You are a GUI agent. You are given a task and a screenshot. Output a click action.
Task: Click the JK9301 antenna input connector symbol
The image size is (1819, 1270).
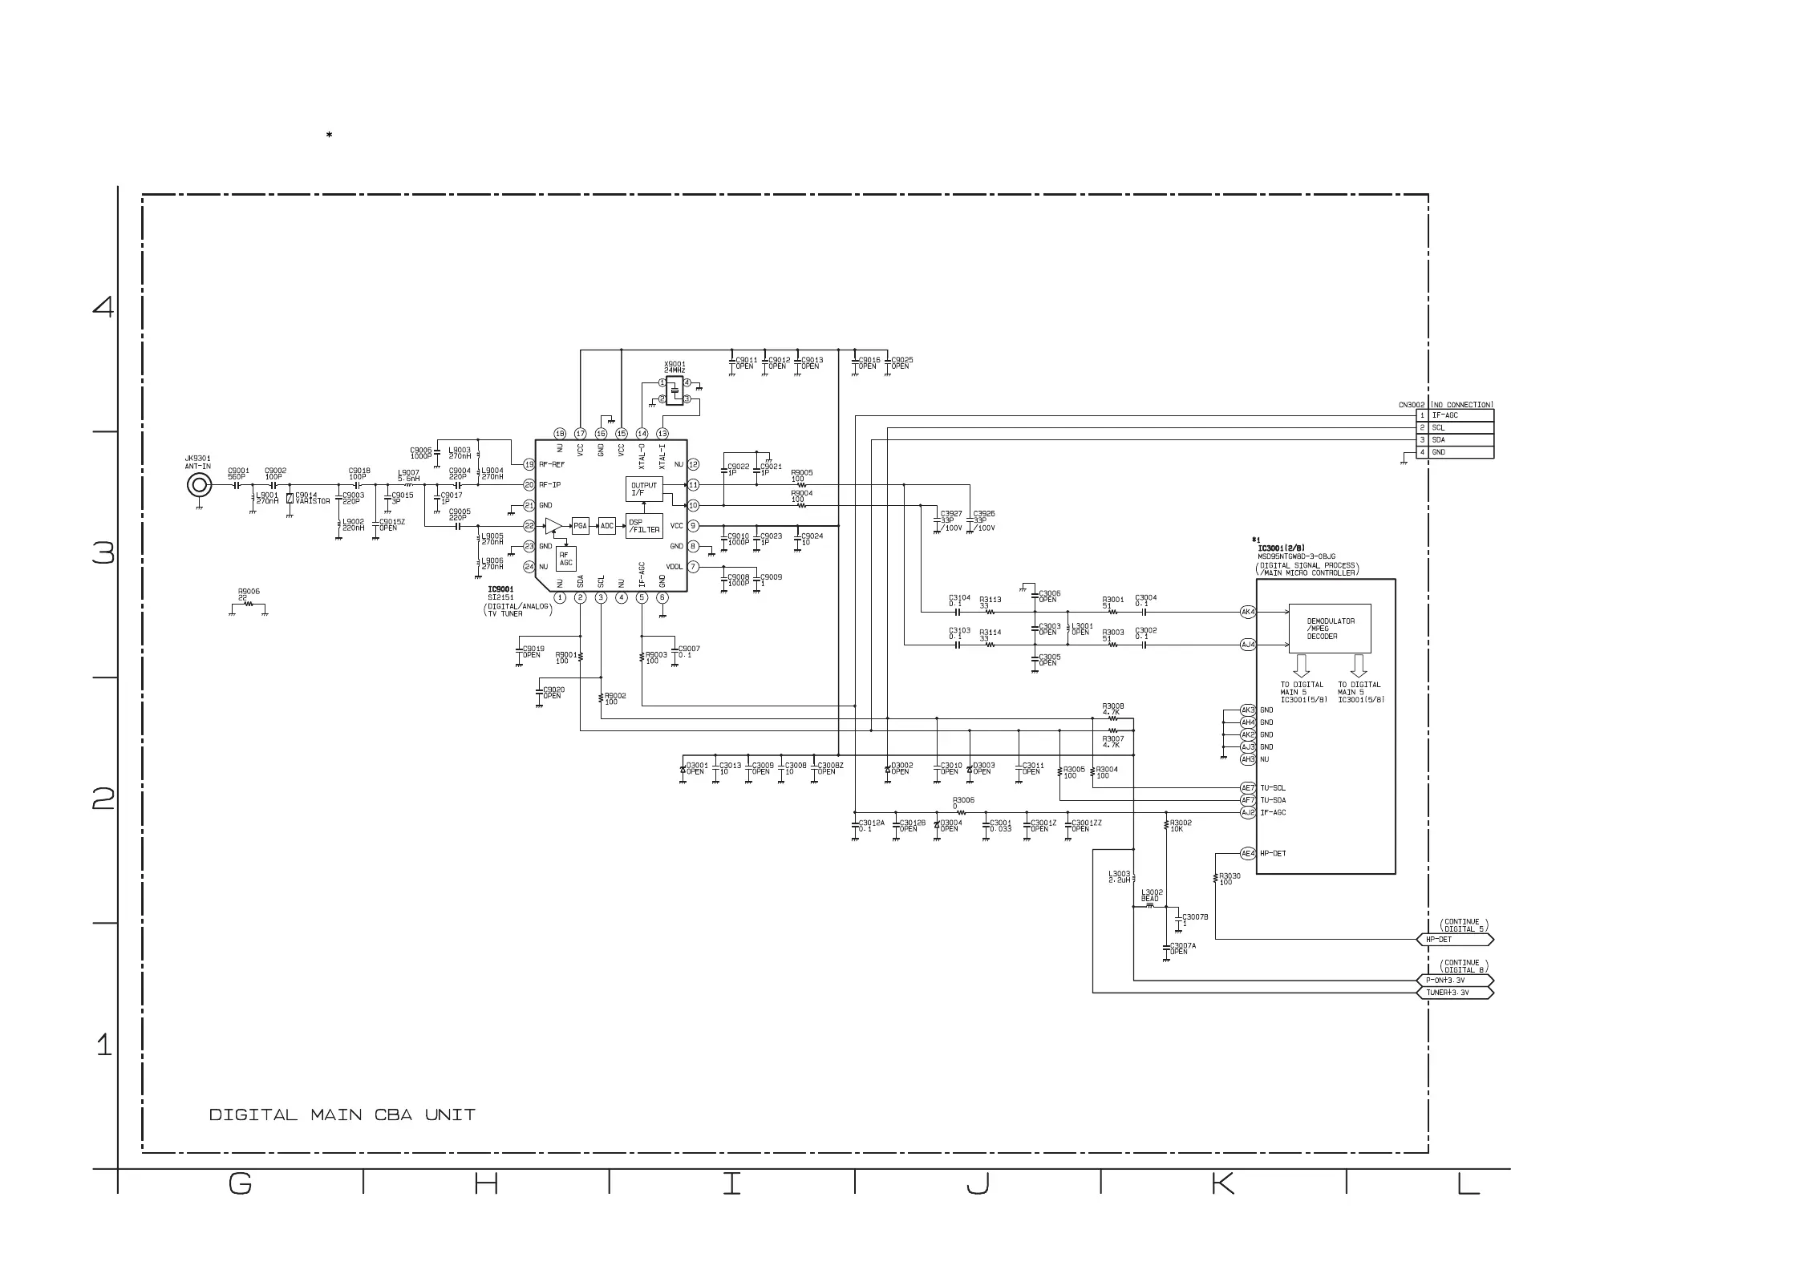tap(199, 485)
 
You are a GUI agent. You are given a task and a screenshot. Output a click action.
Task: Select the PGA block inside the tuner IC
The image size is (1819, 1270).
tap(580, 526)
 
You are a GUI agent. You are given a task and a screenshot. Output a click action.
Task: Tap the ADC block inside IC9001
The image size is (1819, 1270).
tap(607, 526)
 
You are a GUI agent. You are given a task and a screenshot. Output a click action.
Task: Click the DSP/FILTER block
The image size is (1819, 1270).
tap(644, 526)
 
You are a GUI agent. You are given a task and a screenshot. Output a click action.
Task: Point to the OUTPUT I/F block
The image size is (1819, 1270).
tap(644, 488)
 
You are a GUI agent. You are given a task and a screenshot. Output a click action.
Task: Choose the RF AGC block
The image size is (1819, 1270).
tap(566, 559)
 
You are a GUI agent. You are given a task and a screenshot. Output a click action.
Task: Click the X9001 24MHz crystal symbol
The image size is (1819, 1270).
tap(675, 390)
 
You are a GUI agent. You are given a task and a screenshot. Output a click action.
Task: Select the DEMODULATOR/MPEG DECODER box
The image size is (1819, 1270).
tap(1330, 629)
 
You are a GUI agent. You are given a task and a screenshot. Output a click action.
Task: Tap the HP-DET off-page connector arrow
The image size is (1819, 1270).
tap(1455, 939)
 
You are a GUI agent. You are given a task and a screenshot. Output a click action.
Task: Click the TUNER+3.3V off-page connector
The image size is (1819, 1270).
tap(1455, 993)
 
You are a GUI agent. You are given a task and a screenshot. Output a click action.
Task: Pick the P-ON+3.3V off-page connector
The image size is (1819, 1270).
tap(1455, 981)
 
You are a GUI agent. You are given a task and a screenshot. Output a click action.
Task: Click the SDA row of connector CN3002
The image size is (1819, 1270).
tap(1456, 440)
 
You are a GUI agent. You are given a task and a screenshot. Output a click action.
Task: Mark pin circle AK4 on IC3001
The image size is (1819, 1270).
tap(1248, 612)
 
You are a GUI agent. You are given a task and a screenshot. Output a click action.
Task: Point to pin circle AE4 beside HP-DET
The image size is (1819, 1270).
tap(1248, 853)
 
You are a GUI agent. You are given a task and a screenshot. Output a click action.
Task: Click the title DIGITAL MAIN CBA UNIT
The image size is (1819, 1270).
tap(342, 1115)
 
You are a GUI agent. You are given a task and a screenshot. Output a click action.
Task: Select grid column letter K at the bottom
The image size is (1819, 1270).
tap(1222, 1183)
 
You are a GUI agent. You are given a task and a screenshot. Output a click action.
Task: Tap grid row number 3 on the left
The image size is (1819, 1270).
tap(103, 553)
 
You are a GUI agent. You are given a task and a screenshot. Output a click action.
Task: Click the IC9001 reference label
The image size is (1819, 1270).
tap(500, 589)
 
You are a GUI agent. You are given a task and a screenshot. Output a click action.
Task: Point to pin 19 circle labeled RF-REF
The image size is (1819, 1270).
tap(529, 464)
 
